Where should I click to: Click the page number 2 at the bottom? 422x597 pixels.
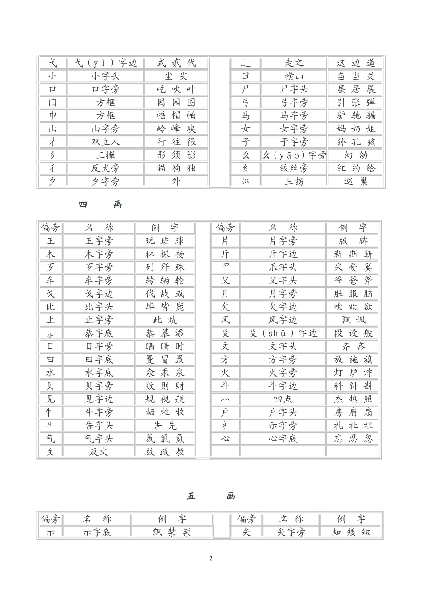[x=211, y=558]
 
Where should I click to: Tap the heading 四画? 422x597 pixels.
[x=100, y=205]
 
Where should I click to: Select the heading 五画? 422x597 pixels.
[x=211, y=496]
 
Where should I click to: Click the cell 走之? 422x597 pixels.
[x=294, y=63]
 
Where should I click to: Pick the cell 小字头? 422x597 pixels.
[x=106, y=76]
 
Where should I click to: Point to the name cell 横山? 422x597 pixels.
[x=294, y=76]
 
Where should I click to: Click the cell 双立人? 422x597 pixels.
[x=106, y=142]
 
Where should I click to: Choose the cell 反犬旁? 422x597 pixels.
[x=106, y=168]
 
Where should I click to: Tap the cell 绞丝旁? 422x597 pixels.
[x=294, y=168]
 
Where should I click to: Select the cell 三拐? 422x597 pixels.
[x=294, y=182]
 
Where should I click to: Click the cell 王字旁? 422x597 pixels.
[x=99, y=241]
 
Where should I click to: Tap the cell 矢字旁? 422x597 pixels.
[x=291, y=532]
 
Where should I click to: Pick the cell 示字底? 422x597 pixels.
[x=97, y=532]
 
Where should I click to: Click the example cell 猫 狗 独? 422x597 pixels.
[x=176, y=168]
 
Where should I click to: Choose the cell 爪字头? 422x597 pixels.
[x=283, y=267]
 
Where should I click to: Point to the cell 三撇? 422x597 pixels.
[x=106, y=155]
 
